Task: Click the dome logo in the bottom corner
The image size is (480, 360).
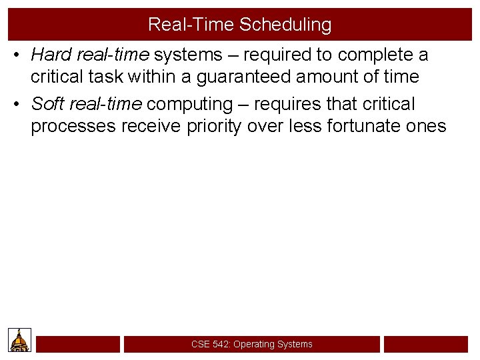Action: tap(19, 339)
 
